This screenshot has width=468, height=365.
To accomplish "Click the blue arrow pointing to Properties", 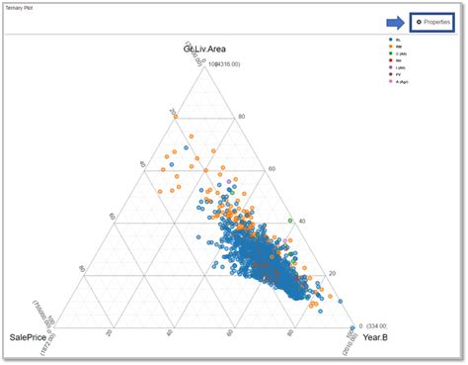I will point(393,21).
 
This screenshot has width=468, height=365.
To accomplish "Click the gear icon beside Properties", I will point(418,21).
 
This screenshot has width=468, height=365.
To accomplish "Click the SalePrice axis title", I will point(30,339).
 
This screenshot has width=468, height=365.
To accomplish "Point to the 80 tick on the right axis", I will point(241,118).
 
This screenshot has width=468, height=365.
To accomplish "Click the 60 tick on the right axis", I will point(272,169).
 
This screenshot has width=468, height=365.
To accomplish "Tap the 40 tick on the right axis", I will point(302,222).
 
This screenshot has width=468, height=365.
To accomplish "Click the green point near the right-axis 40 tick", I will point(290,220).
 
